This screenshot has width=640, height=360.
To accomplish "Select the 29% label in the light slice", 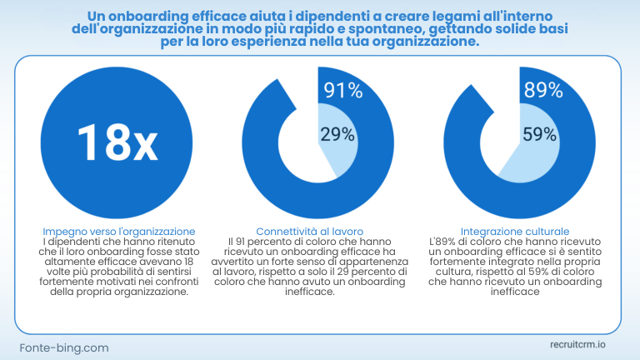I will pos(337,134).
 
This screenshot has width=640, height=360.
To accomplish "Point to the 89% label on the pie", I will pos(542,90).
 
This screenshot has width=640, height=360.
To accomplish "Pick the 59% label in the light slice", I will pos(539,134).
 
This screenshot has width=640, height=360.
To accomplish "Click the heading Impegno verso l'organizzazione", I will pos(118,231).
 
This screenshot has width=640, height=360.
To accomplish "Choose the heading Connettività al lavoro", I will pos(321,231).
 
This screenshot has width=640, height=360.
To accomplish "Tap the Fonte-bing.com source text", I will pos(64,347).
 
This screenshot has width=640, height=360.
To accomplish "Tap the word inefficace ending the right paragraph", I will pos(514,293).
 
